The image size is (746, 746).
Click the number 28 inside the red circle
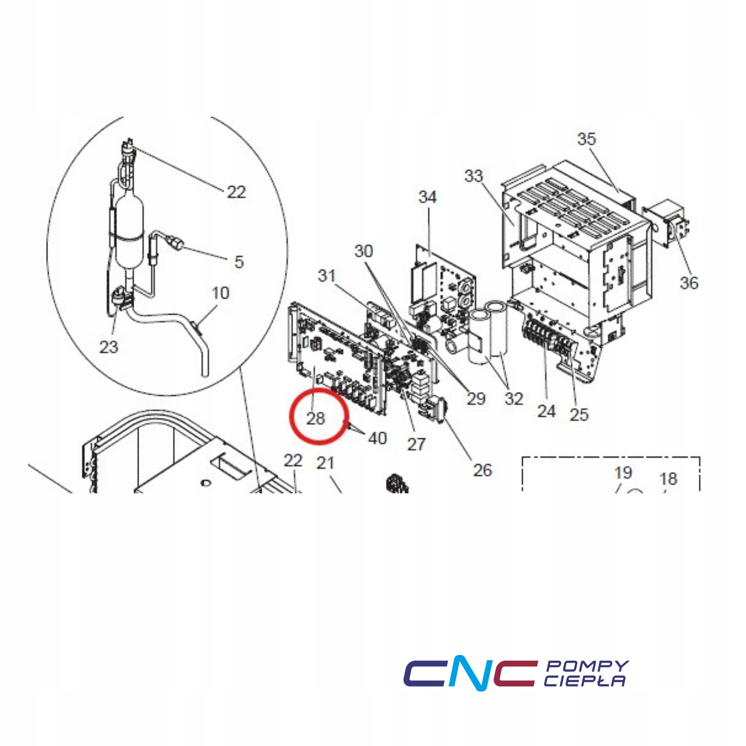coord(315,419)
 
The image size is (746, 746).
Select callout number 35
coord(586,139)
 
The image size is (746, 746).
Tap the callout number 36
coord(689,283)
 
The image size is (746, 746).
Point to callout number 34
coord(428,197)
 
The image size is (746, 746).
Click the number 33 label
coord(474,176)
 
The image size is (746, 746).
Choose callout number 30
coord(363,251)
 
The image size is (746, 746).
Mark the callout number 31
coord(327,276)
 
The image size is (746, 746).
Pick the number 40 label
coord(378,438)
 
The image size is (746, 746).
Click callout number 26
coord(482,470)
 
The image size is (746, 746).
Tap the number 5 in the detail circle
coord(239,262)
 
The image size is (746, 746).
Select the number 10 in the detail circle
coord(220,293)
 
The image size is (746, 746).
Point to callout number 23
coord(109,347)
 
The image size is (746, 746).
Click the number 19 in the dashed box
coord(623,472)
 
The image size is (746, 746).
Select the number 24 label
coord(546,411)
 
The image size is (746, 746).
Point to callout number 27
coord(416,444)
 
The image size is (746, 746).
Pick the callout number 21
coord(325,463)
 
